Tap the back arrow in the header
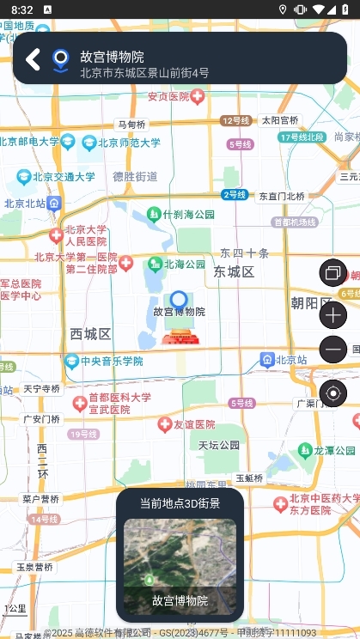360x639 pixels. tap(33, 59)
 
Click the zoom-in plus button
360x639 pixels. tap(333, 315)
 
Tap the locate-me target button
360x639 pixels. tap(333, 394)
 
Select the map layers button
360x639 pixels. tap(333, 274)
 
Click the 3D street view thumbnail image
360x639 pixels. tap(180, 555)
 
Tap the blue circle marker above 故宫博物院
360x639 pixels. tap(179, 300)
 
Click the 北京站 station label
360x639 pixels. tap(284, 359)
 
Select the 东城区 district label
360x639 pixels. tap(234, 272)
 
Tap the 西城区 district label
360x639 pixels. tap(90, 333)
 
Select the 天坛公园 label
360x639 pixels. tap(219, 445)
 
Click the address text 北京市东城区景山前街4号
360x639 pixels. tap(144, 73)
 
